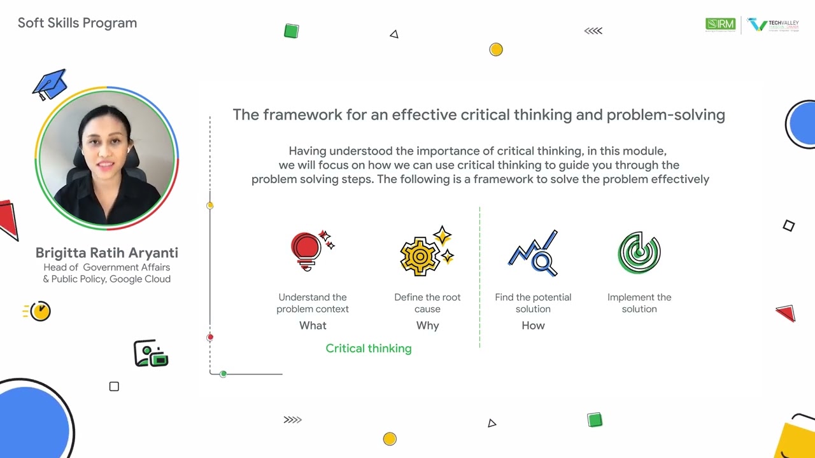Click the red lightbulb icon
click(x=307, y=249)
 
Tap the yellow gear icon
click(x=422, y=255)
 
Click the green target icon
click(x=639, y=253)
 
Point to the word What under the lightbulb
click(x=313, y=326)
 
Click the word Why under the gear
click(x=427, y=326)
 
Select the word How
click(x=533, y=326)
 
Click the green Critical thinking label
click(x=369, y=349)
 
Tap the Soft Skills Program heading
click(x=77, y=23)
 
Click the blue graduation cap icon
click(x=50, y=85)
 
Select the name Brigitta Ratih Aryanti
click(x=106, y=253)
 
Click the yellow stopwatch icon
click(x=39, y=311)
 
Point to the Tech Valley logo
click(x=773, y=25)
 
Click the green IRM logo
click(x=720, y=25)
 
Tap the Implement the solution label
click(x=639, y=303)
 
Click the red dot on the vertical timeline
click(x=210, y=337)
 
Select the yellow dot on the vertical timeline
click(x=210, y=205)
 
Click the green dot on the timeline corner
click(x=223, y=374)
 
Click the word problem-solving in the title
click(x=665, y=115)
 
